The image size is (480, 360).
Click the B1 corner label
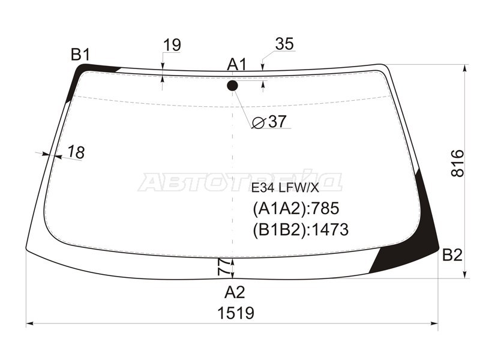coord(81,55)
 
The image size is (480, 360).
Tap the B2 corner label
coord(452,254)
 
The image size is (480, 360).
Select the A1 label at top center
coord(236,65)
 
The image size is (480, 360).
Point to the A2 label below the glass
coord(235,292)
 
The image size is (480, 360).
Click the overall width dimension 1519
coord(236,313)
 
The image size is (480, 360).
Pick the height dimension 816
coord(458,163)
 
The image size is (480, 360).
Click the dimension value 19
coord(172,45)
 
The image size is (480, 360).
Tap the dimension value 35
coord(284,44)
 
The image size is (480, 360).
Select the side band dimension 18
coord(76,152)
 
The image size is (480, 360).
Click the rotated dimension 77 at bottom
coord(224,266)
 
